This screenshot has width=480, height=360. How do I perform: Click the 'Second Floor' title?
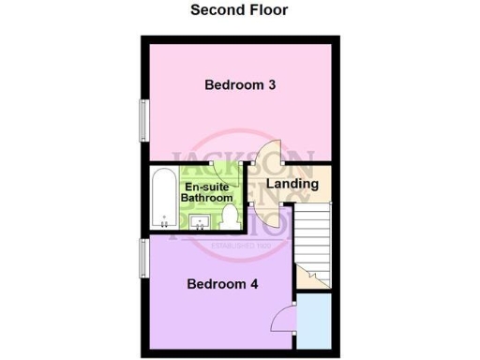pos(239,10)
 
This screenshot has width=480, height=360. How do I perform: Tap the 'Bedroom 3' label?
pos(239,85)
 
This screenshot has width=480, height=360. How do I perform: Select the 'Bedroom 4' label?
pos(223,284)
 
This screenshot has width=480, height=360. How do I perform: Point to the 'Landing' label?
pos(292,184)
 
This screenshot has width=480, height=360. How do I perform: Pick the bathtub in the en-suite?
pos(164,198)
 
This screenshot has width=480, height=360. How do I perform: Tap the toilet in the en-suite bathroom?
pos(231,217)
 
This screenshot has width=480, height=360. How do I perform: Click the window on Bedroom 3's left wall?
pos(143,117)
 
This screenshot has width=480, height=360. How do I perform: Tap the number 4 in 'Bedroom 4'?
pos(254,284)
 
